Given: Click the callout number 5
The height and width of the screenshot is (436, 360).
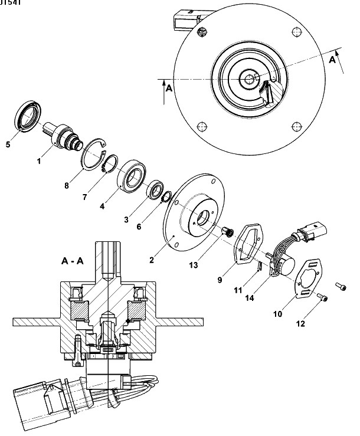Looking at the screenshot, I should [8, 142].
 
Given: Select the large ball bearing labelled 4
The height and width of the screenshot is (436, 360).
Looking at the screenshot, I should [135, 175].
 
